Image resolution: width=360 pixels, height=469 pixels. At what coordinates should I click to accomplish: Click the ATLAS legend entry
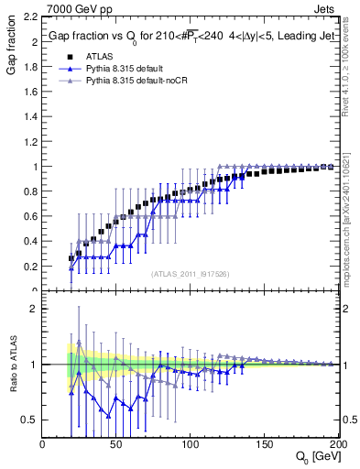pyautogui.click(x=99, y=57)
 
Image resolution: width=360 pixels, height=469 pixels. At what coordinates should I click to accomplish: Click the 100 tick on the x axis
pyautogui.click(x=190, y=443)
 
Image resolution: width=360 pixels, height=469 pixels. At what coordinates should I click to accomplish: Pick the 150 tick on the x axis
pyautogui.click(x=263, y=443)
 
